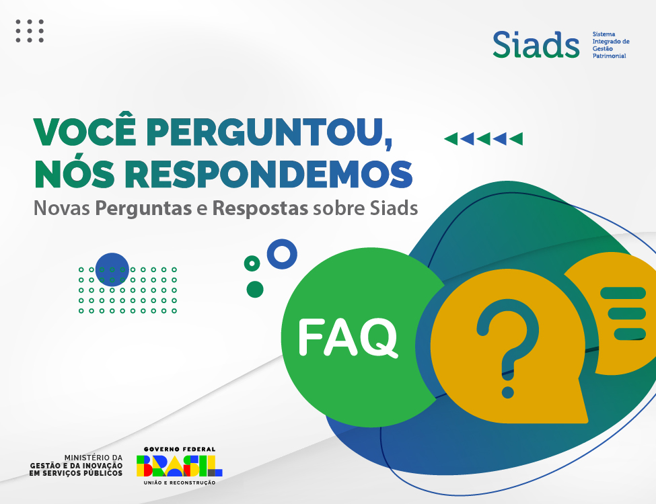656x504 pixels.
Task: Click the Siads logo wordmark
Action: click(x=536, y=44)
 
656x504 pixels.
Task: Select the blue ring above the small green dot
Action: click(x=282, y=254)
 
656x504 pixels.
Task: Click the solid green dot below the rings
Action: click(x=255, y=290)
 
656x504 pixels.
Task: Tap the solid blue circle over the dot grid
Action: click(x=112, y=269)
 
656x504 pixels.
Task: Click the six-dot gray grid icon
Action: click(x=30, y=31)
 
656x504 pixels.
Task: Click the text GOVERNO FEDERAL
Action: click(x=180, y=449)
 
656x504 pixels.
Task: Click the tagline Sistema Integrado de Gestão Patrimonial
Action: click(x=610, y=44)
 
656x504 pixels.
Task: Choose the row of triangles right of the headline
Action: click(x=483, y=139)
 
